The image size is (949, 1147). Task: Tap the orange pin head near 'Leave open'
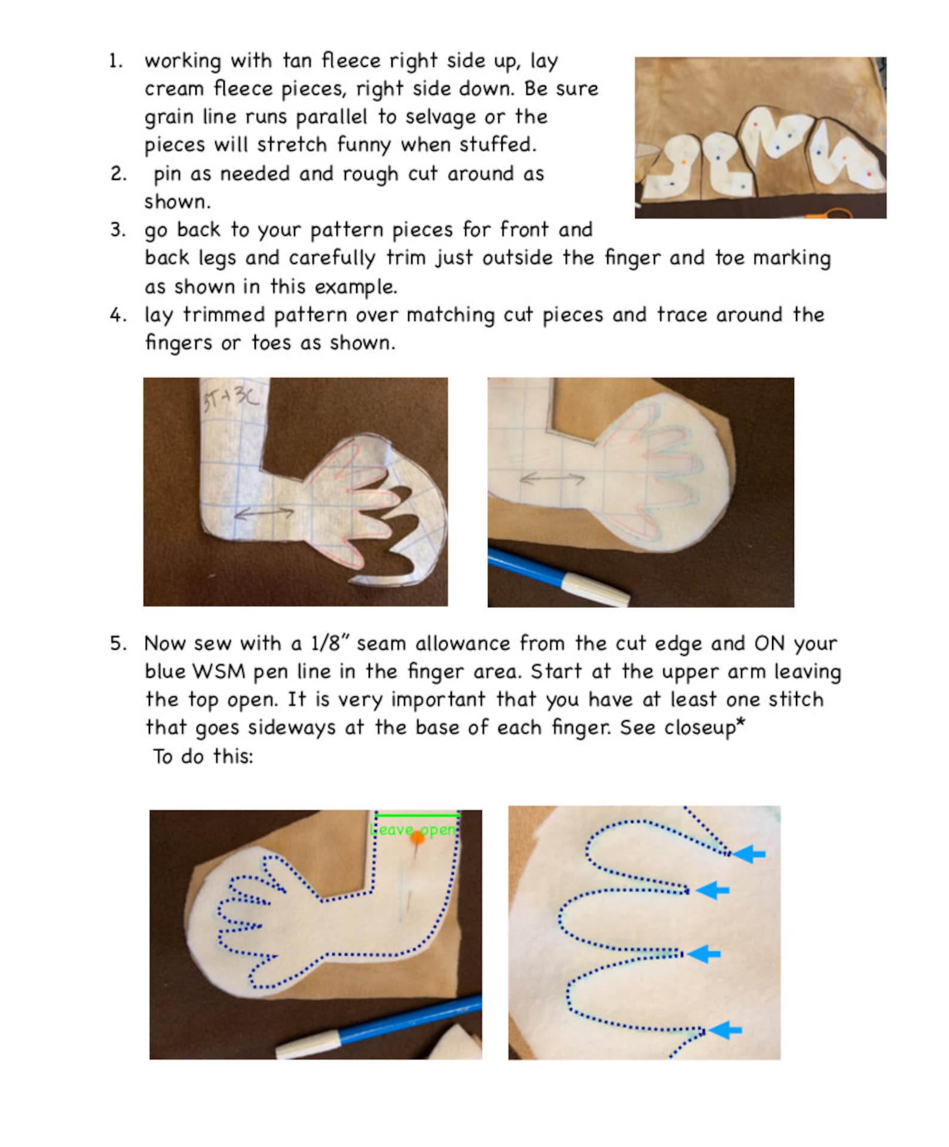(417, 838)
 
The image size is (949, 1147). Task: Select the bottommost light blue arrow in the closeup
(725, 1030)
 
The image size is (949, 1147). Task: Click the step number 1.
(116, 61)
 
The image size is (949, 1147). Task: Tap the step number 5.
(118, 644)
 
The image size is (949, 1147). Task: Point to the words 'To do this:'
(203, 756)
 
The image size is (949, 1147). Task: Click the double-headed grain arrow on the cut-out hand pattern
(264, 513)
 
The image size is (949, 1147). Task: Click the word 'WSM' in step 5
(219, 671)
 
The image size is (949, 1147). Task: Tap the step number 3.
(118, 230)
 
